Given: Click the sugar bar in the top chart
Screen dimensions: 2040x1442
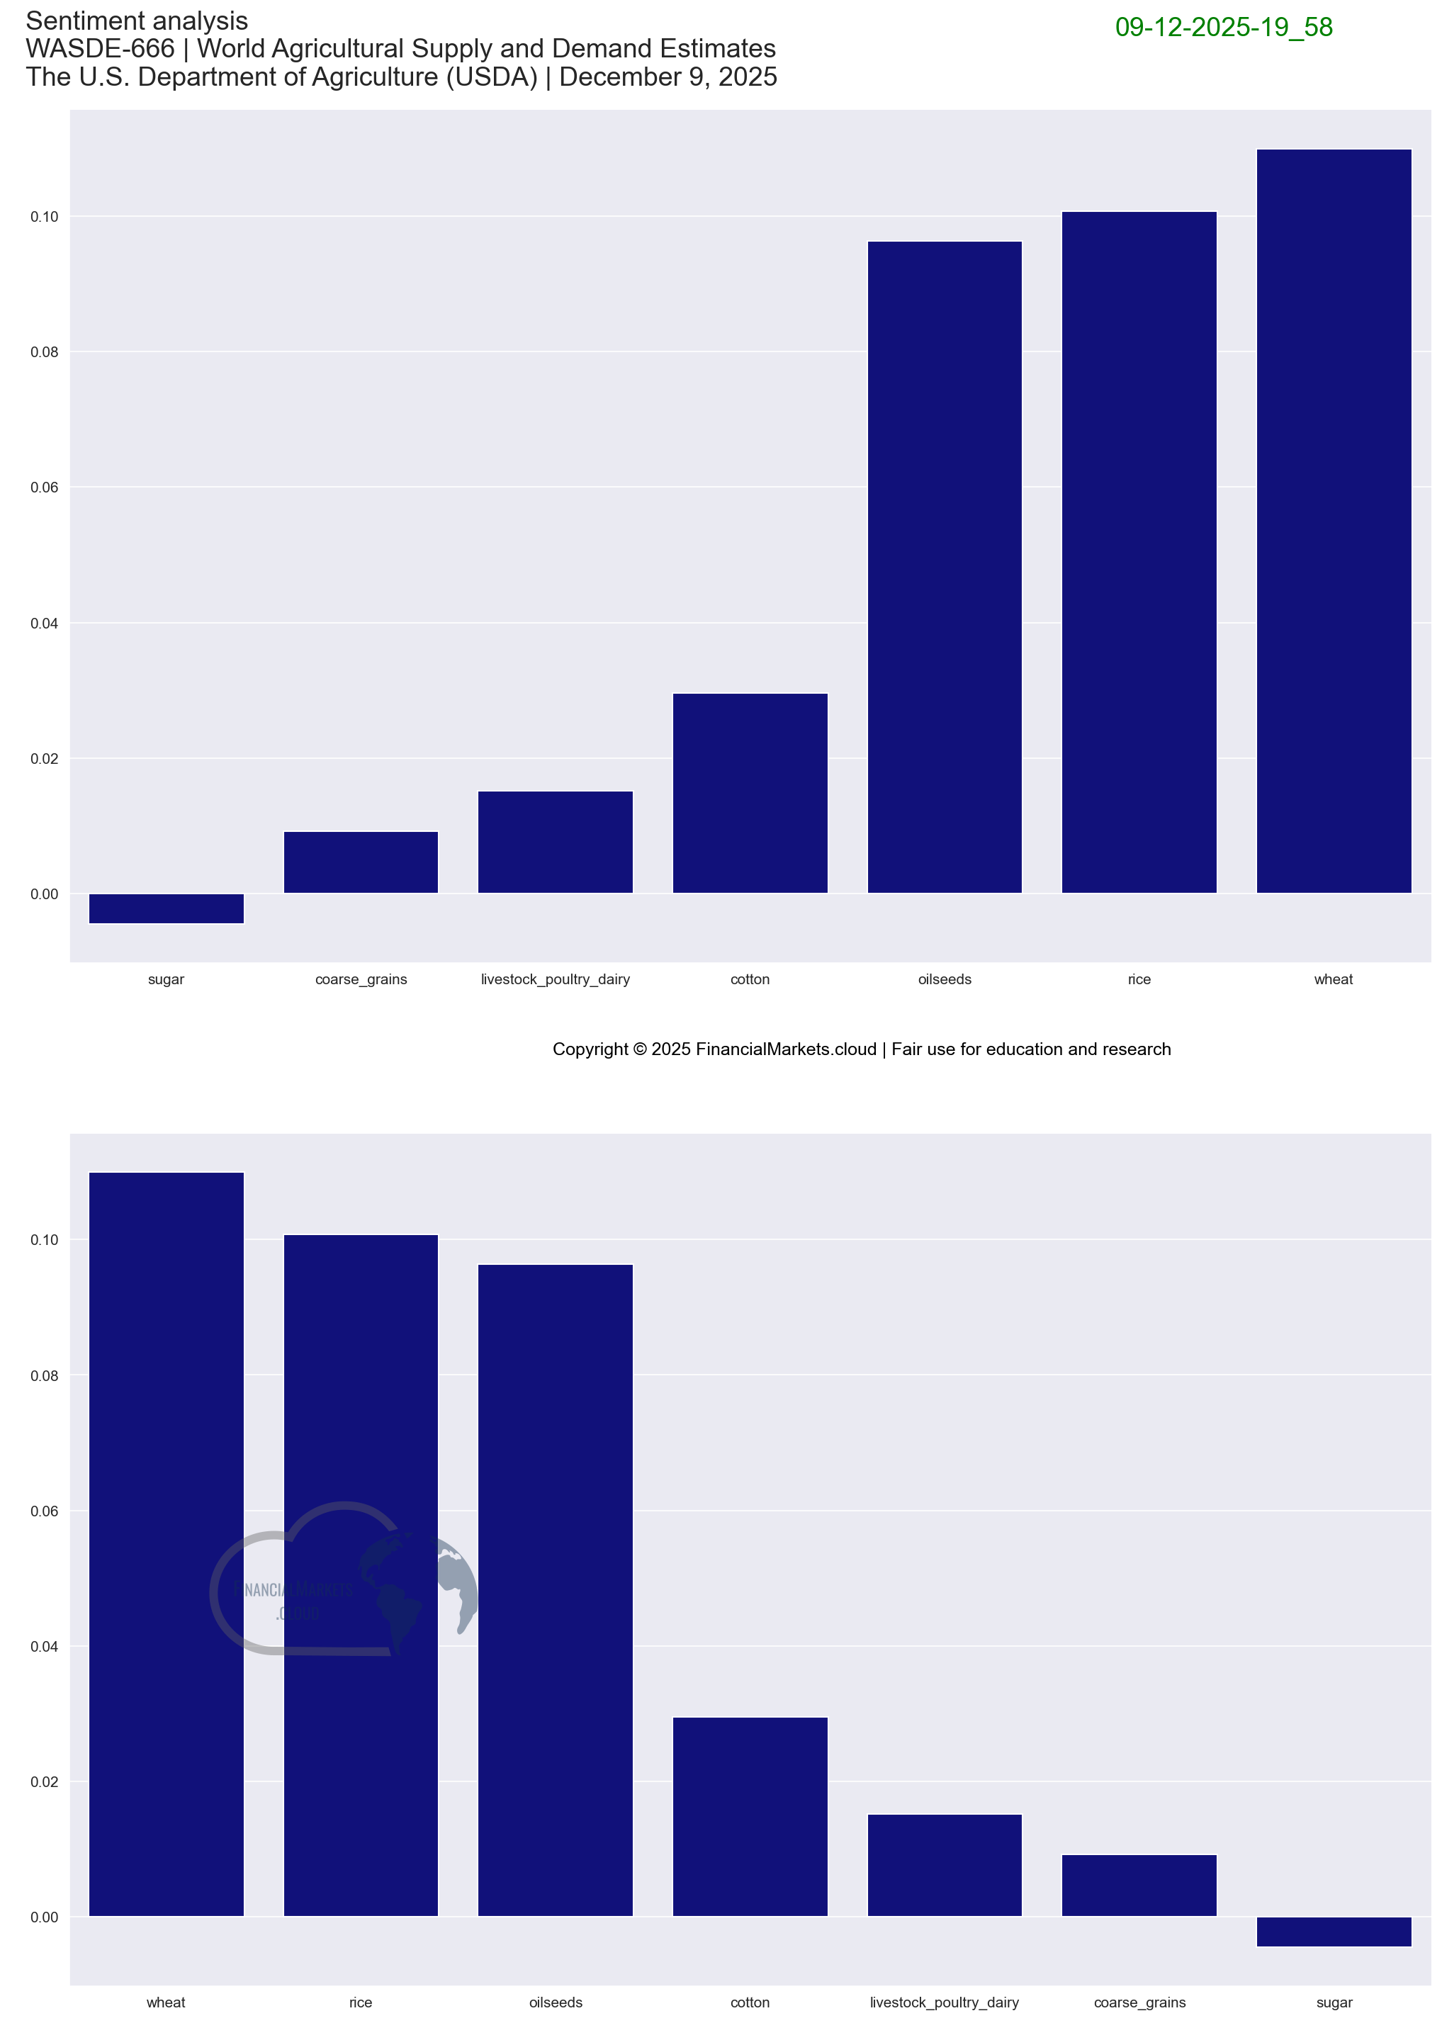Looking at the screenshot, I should click(166, 908).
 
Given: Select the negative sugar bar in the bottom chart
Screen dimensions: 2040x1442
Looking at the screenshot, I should click(1333, 1932).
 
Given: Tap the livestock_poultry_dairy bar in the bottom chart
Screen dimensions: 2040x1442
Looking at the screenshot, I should click(945, 1865).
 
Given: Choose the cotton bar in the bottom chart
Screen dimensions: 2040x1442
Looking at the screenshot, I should click(750, 1816).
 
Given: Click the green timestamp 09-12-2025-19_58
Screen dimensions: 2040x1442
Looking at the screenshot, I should click(1224, 28).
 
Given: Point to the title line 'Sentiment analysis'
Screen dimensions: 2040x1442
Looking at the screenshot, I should click(137, 21).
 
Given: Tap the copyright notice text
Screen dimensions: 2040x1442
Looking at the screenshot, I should click(861, 1049).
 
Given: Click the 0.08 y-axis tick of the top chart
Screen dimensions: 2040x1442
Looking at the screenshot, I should click(45, 352).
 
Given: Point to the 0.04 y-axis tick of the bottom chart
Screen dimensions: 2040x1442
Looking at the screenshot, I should click(45, 1647).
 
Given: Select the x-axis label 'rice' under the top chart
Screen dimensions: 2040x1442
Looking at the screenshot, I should click(1139, 979).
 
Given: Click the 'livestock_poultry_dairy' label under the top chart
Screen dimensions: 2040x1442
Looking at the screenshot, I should click(556, 979).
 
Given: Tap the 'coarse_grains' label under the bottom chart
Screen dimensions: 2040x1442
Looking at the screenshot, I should click(1139, 2002).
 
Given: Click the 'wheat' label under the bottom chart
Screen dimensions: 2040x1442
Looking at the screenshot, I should click(166, 2002).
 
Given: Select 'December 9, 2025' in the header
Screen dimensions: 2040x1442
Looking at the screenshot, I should click(668, 77).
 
